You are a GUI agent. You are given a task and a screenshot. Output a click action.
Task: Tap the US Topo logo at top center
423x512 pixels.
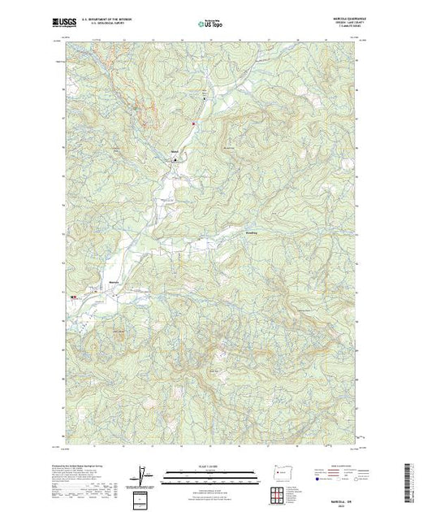point(210,24)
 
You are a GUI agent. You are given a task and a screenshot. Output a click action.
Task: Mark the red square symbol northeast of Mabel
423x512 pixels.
point(193,124)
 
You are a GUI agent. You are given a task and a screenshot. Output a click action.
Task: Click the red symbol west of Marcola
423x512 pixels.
point(74,297)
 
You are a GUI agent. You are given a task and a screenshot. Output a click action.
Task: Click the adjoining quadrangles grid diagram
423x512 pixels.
point(279,492)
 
